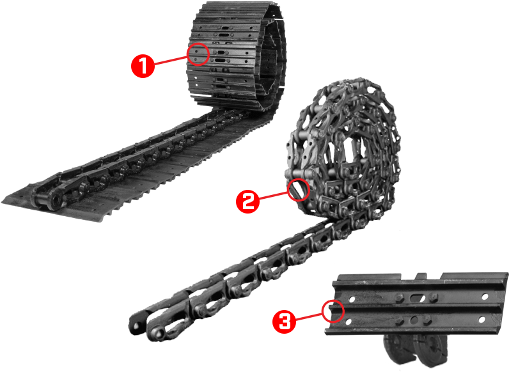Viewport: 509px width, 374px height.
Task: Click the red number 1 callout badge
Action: click(143, 66)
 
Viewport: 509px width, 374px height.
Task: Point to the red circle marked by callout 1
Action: click(199, 54)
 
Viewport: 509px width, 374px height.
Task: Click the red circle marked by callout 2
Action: click(298, 189)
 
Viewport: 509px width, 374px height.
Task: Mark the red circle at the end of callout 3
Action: click(333, 311)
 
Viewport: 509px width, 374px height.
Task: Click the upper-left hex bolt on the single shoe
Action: click(398, 298)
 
